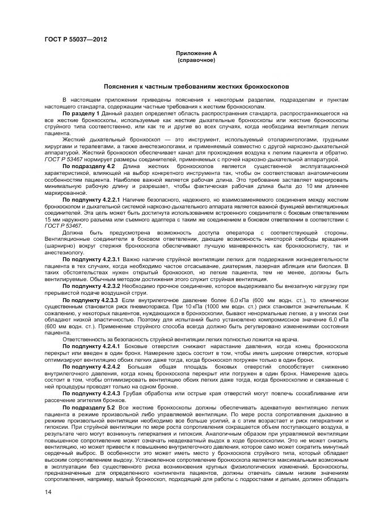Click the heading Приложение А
(196, 53)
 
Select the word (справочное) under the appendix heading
(196, 59)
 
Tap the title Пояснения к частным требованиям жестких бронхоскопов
(196, 87)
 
